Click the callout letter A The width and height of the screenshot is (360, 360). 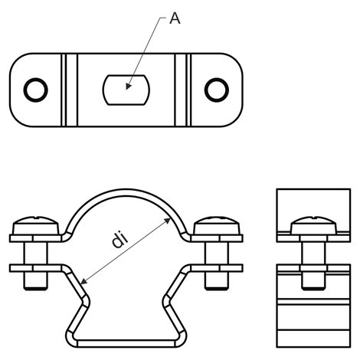(175, 18)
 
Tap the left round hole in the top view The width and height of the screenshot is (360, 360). (36, 90)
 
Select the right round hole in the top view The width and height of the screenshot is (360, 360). (217, 90)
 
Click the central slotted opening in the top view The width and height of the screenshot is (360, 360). (126, 90)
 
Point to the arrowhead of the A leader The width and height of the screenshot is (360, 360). (129, 87)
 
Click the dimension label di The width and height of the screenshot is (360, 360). (120, 240)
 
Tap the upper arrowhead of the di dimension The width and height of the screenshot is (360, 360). (167, 221)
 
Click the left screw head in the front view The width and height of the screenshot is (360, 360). (36, 226)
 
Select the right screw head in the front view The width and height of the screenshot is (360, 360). (217, 226)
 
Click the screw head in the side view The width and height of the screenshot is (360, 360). (314, 225)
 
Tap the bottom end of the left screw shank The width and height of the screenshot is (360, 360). (36, 289)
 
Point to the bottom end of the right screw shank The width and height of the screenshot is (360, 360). (217, 289)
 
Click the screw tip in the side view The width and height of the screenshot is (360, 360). (314, 288)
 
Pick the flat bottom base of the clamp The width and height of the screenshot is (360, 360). (126, 343)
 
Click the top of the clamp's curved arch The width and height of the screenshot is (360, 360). (126, 192)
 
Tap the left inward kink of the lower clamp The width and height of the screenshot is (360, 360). (86, 302)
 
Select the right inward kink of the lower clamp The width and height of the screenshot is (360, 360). (167, 302)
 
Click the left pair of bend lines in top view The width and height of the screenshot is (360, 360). (70, 90)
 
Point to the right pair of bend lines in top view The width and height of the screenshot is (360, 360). (183, 90)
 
